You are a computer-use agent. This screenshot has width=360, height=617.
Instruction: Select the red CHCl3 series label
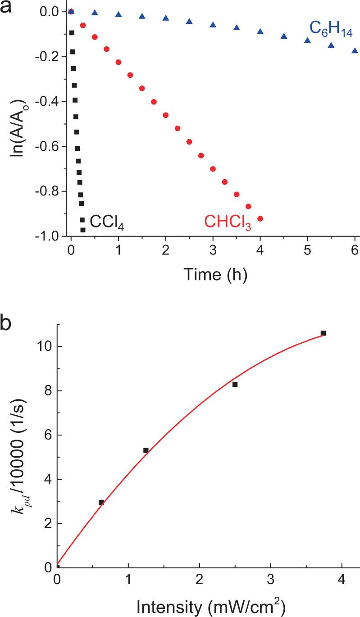click(227, 222)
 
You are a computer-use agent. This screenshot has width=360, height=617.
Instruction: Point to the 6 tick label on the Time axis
click(355, 250)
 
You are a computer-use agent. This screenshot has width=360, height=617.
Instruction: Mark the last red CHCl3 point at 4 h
click(260, 218)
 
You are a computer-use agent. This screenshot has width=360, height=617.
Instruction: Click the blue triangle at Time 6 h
click(355, 50)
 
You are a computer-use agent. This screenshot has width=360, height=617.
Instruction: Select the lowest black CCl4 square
click(83, 230)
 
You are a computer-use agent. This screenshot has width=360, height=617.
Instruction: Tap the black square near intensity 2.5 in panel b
click(235, 384)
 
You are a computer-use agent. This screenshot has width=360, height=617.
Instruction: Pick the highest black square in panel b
click(323, 333)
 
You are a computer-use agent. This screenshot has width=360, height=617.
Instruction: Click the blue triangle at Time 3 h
click(213, 25)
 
